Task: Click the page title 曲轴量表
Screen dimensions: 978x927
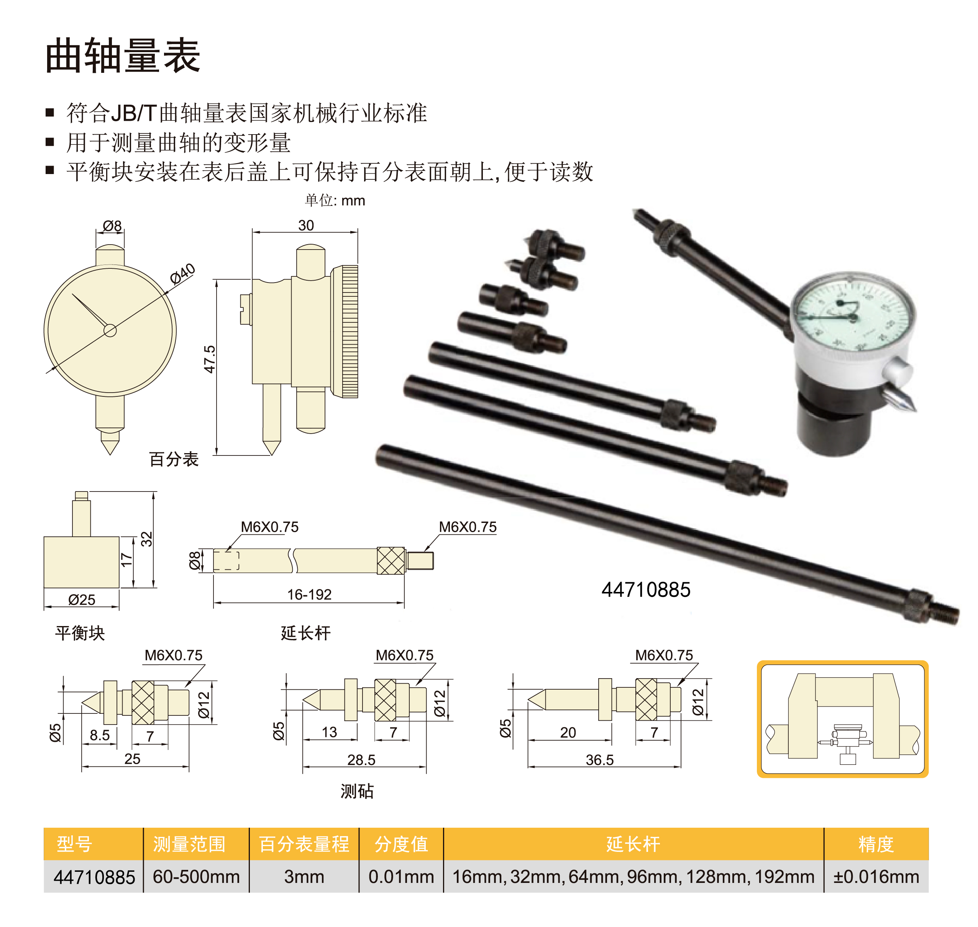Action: [123, 55]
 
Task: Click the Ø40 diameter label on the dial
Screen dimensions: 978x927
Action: [183, 274]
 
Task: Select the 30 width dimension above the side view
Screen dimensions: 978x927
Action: [306, 225]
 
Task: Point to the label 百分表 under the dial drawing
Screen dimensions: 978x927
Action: [174, 459]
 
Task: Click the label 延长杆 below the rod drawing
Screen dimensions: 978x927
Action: [306, 633]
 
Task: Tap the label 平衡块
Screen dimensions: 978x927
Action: [80, 633]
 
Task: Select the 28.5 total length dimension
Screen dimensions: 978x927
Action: [361, 759]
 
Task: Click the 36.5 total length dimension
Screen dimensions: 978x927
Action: [600, 759]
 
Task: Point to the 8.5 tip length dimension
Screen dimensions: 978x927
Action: [99, 735]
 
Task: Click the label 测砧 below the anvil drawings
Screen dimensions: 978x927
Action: [357, 791]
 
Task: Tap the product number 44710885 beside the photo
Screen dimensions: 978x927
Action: [646, 590]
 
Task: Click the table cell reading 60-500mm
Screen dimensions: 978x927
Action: [196, 877]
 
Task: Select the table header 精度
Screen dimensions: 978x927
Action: [876, 844]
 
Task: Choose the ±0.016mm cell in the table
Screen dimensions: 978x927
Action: [876, 877]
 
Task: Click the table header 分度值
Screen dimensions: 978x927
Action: [401, 844]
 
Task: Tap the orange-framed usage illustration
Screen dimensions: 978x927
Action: [843, 719]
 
